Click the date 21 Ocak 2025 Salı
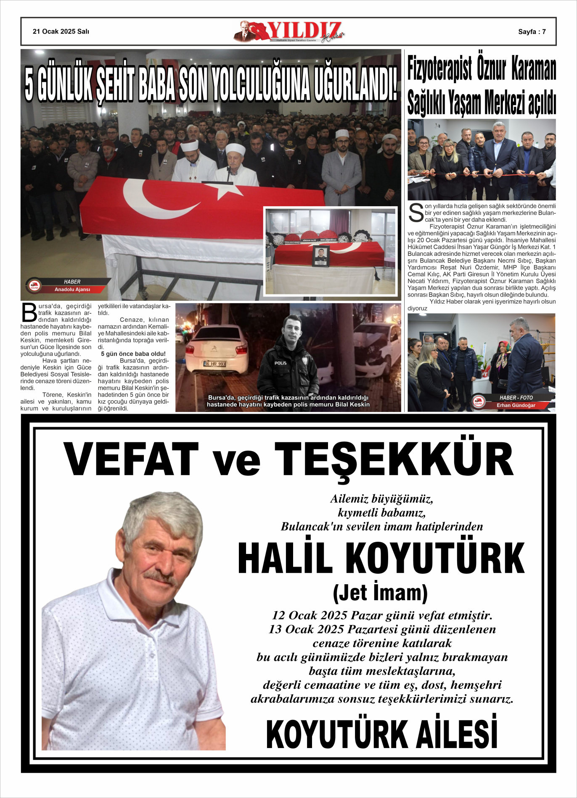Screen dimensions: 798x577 [x=61, y=31]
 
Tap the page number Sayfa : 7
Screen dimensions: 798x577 [x=532, y=31]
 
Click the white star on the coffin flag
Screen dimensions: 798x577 [x=229, y=191]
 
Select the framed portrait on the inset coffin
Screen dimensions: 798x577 [x=321, y=256]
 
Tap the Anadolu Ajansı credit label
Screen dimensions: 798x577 [x=72, y=289]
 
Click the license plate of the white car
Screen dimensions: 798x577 [x=214, y=364]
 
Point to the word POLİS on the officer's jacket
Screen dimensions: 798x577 [x=281, y=363]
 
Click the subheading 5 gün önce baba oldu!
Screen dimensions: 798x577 [x=133, y=354]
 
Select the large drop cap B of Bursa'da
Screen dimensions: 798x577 [x=29, y=312]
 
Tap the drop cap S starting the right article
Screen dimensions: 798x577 [x=416, y=213]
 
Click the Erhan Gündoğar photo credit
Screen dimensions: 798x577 [x=516, y=405]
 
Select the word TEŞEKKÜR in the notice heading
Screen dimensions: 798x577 [x=394, y=460]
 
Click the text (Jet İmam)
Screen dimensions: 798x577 [x=380, y=593]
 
